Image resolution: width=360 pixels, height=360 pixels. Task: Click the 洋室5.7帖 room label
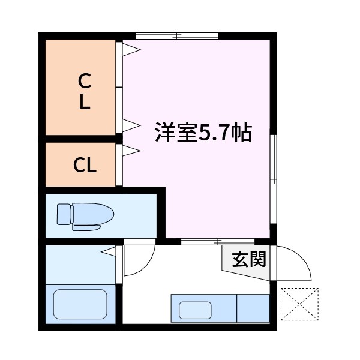(202, 132)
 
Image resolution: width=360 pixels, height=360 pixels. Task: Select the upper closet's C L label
(85, 90)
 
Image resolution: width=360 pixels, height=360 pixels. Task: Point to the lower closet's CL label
(85, 164)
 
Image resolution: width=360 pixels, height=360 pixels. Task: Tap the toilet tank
(64, 214)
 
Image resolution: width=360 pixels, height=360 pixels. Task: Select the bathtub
(80, 305)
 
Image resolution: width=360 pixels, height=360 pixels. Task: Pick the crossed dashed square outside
(299, 304)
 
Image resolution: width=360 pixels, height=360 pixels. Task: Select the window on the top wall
(176, 36)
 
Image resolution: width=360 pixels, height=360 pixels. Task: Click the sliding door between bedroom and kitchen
(201, 242)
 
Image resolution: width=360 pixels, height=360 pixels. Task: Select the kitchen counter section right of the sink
(253, 308)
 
